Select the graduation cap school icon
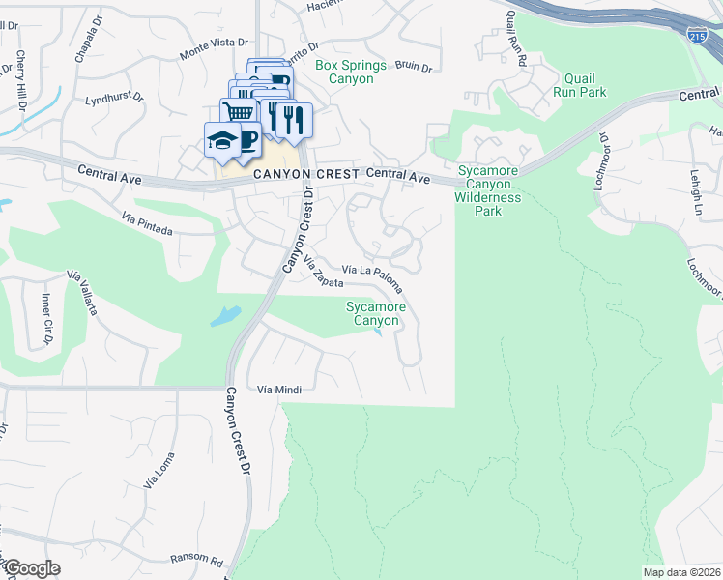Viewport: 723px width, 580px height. pyautogui.click(x=221, y=139)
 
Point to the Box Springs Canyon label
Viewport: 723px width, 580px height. pyautogui.click(x=350, y=72)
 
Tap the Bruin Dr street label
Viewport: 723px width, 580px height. pyautogui.click(x=413, y=68)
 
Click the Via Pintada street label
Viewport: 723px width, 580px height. pyautogui.click(x=147, y=224)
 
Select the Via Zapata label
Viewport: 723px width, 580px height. pyautogui.click(x=324, y=272)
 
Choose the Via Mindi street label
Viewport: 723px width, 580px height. pyautogui.click(x=279, y=390)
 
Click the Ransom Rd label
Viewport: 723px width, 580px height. pyautogui.click(x=196, y=560)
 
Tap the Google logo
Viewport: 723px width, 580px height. pyautogui.click(x=32, y=568)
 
